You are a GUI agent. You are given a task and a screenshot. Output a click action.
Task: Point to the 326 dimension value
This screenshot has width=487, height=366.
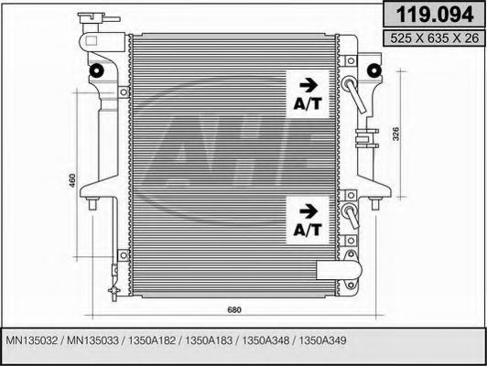[395, 135]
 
